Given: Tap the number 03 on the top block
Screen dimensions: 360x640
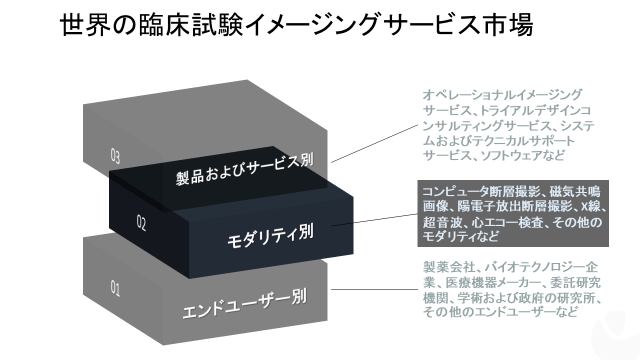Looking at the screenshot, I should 115,156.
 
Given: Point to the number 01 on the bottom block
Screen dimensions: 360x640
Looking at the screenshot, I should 115,289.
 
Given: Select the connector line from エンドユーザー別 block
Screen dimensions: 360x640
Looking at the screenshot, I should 370,289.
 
